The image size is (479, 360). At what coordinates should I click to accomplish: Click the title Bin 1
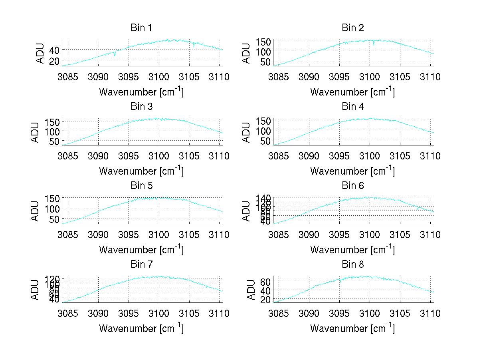pos(141,28)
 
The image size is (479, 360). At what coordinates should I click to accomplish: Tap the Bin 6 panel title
pos(352,186)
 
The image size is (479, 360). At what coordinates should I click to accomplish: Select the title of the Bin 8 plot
pos(352,265)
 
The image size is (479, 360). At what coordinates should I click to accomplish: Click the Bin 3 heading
pos(141,107)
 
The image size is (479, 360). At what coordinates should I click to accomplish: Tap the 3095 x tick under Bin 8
pos(339,313)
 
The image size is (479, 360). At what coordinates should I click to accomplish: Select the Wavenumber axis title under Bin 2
pos(352,92)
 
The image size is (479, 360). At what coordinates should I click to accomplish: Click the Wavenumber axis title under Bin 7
pos(141,328)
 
